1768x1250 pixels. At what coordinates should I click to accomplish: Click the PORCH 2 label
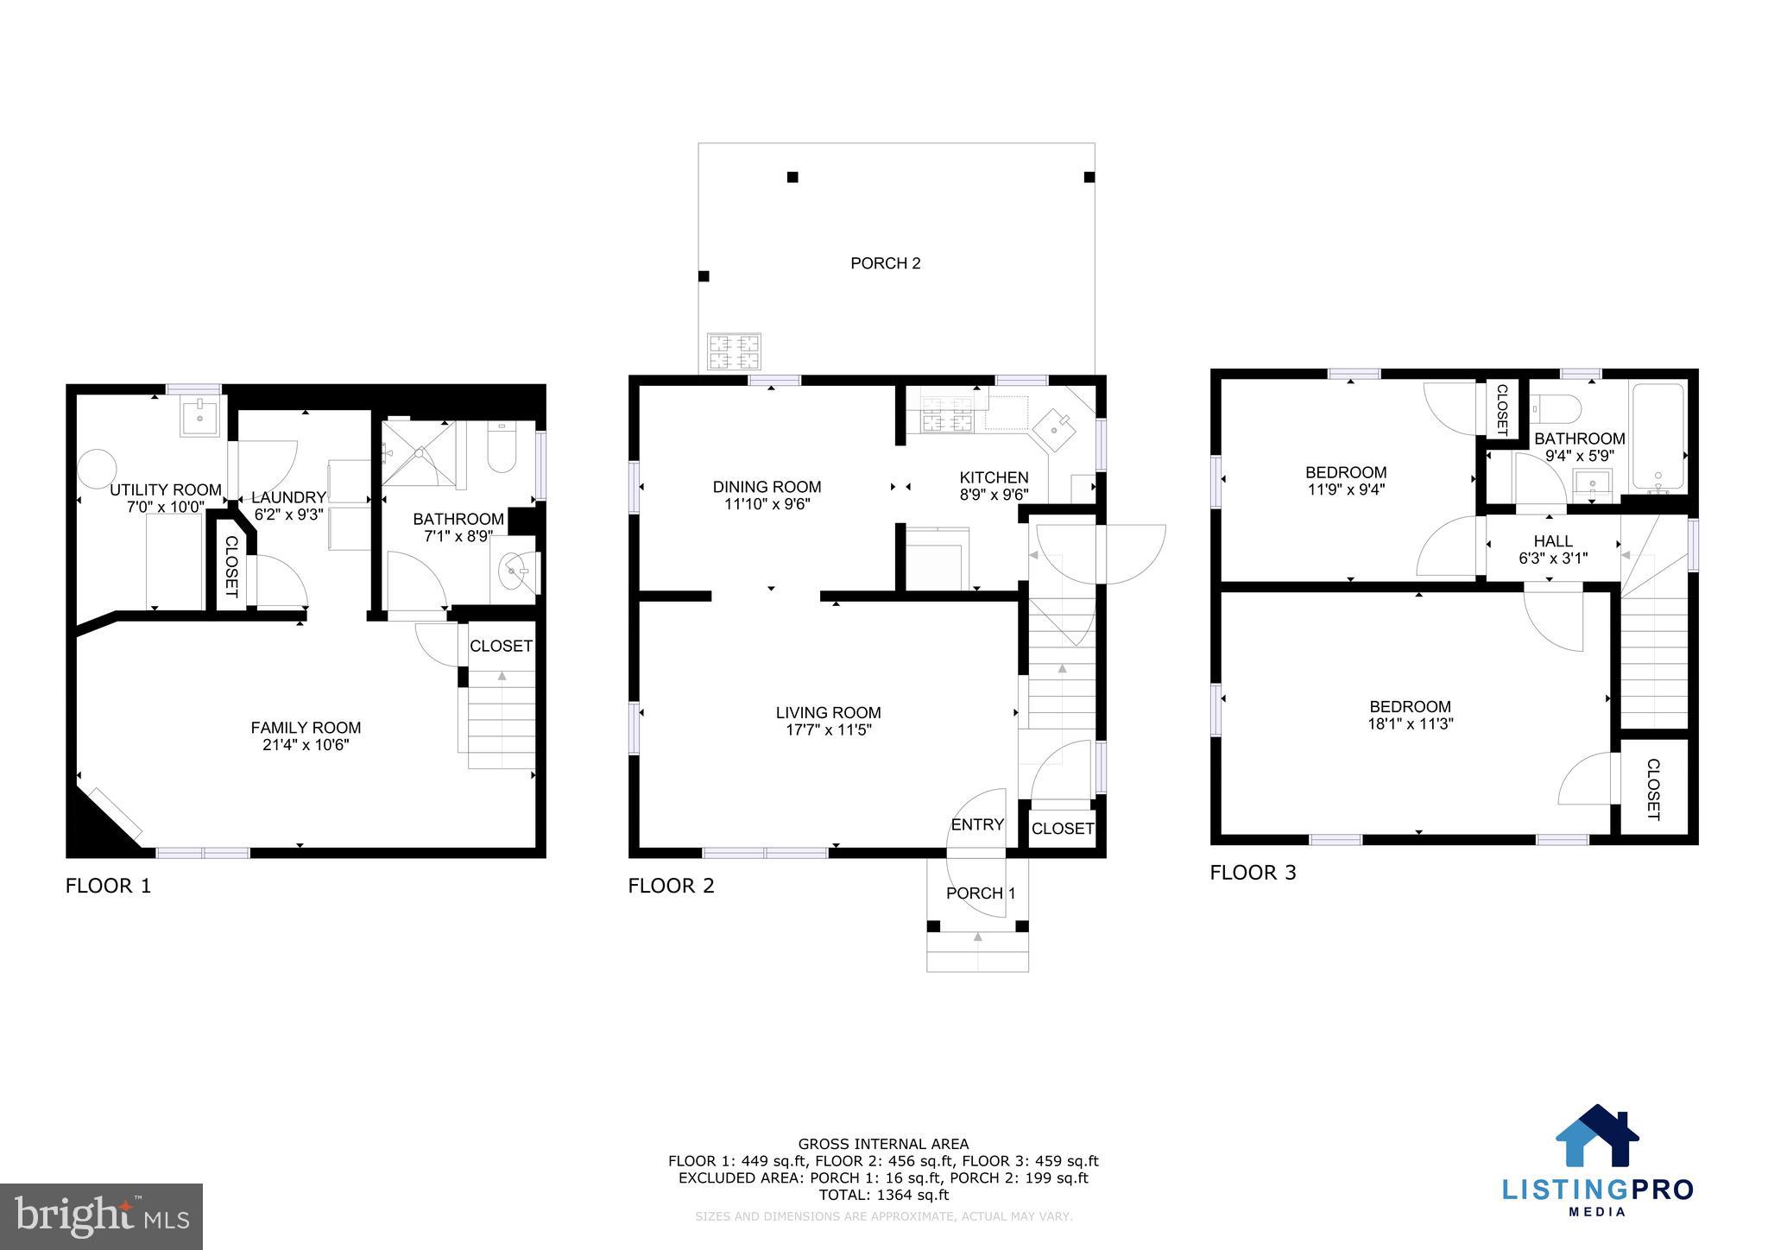885,263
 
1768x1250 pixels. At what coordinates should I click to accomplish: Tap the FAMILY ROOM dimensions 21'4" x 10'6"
306,745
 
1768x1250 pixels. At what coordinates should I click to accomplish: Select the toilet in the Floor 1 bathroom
502,447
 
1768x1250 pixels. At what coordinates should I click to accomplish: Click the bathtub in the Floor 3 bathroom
1657,439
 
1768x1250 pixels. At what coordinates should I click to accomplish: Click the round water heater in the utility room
97,468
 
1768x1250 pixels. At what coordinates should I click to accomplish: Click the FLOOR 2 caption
671,886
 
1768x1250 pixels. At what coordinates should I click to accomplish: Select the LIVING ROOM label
828,713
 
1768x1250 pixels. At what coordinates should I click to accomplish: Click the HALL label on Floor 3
1552,541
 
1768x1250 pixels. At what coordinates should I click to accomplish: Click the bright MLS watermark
102,1216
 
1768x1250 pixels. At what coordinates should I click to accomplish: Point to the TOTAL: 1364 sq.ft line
883,1195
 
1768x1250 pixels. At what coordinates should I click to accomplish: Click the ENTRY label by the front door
977,824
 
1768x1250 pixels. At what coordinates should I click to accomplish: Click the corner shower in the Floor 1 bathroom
419,452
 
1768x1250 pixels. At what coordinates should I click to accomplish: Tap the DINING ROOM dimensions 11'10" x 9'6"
767,504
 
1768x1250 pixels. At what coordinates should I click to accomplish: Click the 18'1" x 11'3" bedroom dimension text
1410,724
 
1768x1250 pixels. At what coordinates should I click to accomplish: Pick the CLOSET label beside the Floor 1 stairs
501,646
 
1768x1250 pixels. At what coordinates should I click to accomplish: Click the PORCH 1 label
981,893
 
